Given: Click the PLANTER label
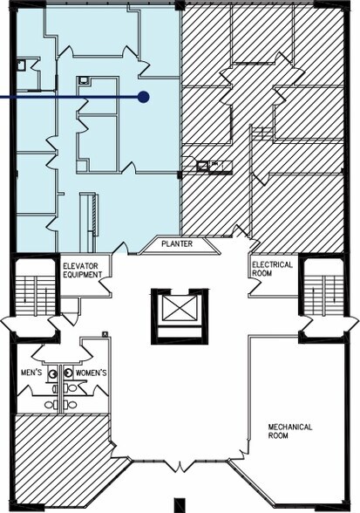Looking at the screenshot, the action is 177,243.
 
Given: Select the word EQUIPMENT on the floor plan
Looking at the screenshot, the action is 83,274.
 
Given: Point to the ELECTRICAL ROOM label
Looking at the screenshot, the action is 272,269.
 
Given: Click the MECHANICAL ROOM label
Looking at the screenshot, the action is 290,431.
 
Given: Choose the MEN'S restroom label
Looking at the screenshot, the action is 31,373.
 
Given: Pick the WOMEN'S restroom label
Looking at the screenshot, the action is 92,373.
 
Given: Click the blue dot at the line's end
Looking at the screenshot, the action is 143,97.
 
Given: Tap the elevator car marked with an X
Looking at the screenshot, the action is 180,310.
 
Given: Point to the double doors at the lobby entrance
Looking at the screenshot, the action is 180,466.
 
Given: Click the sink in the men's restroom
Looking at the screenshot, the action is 52,373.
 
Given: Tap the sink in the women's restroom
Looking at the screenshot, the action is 68,373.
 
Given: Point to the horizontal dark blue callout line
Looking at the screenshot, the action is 71,97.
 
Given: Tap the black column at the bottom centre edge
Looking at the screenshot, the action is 180,505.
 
